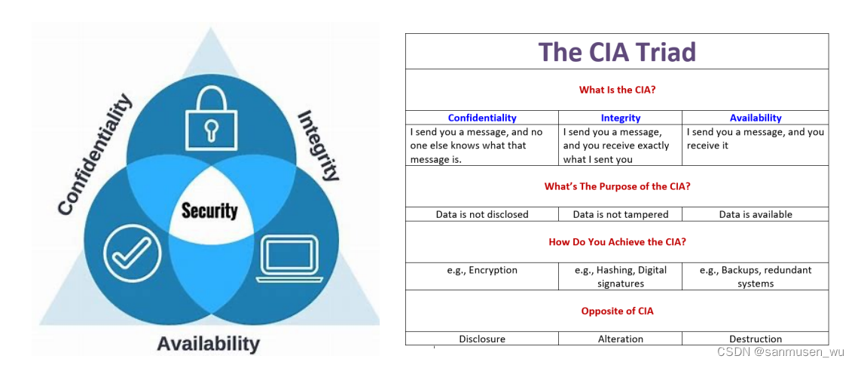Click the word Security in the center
click(x=209, y=211)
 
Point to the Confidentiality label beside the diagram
click(x=95, y=155)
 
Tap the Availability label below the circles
click(x=208, y=344)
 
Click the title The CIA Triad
click(x=616, y=51)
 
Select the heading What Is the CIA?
click(x=617, y=90)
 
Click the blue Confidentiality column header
click(x=482, y=118)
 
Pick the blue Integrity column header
click(x=620, y=118)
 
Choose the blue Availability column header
click(x=755, y=118)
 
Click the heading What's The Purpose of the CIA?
click(x=617, y=186)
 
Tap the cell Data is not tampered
click(x=620, y=214)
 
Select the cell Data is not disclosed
click(x=482, y=214)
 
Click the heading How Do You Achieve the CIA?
click(x=617, y=242)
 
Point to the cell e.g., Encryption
click(x=482, y=270)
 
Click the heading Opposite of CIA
click(x=617, y=311)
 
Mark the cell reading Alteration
click(x=620, y=339)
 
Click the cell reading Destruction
click(x=755, y=339)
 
